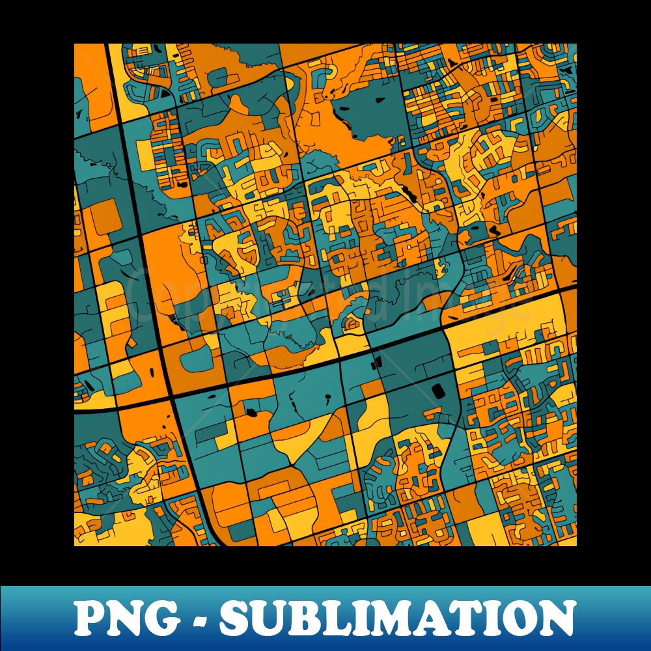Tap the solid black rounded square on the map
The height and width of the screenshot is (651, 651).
pyautogui.click(x=437, y=390)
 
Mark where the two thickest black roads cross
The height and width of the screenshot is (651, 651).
pyautogui.click(x=171, y=395)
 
